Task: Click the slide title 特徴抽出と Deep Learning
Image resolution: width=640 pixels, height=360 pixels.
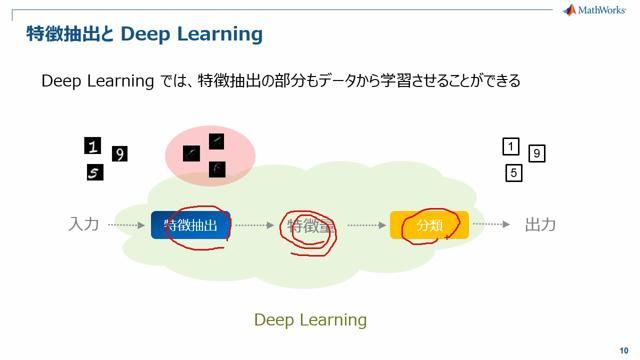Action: (144, 35)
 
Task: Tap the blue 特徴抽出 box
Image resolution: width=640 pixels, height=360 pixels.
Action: (191, 226)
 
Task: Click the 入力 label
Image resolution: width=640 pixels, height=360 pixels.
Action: (84, 225)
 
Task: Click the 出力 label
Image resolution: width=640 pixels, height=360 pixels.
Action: (540, 225)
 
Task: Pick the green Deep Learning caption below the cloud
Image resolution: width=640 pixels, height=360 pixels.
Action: (310, 320)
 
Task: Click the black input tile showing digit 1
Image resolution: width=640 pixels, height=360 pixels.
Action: (93, 146)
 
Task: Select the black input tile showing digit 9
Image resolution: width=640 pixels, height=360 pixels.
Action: (120, 154)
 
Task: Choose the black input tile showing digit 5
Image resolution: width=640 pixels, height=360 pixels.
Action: (95, 173)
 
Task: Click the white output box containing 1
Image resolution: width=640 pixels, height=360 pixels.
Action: (511, 147)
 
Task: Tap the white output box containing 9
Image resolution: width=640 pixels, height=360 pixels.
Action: (537, 154)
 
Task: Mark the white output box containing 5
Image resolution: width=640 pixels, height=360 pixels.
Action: (514, 173)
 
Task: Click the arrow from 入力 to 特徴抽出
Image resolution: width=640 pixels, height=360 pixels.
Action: (126, 226)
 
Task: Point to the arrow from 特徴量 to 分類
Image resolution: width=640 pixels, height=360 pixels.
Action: (367, 226)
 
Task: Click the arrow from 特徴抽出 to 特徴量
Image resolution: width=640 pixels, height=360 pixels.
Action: (255, 226)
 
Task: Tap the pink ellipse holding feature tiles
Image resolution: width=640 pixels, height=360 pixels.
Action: (210, 156)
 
